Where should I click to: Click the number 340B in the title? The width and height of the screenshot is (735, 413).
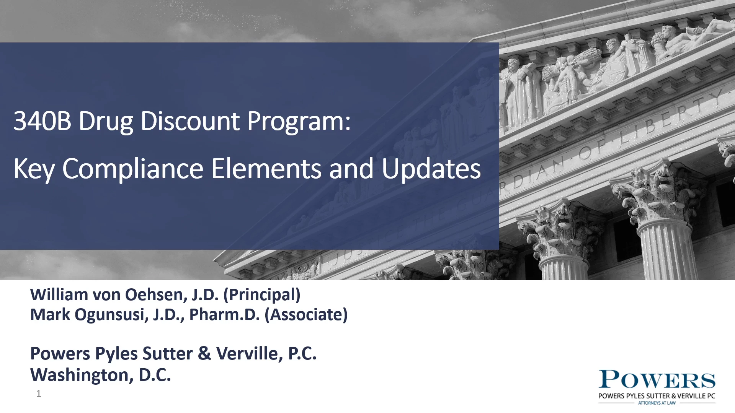pyautogui.click(x=42, y=121)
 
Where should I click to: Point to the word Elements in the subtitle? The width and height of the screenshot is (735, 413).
pyautogui.click(x=266, y=169)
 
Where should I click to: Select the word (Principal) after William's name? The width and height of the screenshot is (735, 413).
pyautogui.click(x=262, y=295)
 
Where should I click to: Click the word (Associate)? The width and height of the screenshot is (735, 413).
pyautogui.click(x=306, y=315)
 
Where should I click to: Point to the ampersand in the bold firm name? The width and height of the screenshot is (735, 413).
pyautogui.click(x=204, y=353)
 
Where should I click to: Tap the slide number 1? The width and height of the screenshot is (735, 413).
pyautogui.click(x=38, y=393)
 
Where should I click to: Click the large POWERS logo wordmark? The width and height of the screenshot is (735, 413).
pyautogui.click(x=657, y=380)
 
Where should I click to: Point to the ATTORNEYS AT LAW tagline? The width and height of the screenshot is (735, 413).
pyautogui.click(x=657, y=403)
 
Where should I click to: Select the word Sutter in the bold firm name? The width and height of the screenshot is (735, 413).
pyautogui.click(x=167, y=353)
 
